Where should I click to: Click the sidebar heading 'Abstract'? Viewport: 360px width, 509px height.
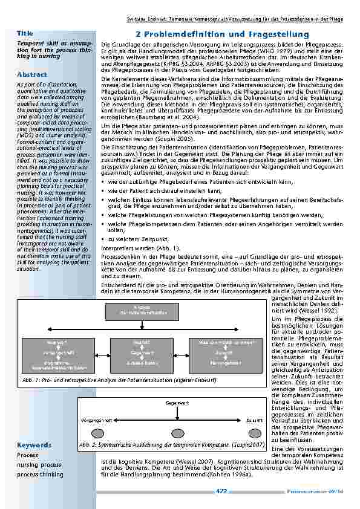coord(32,74)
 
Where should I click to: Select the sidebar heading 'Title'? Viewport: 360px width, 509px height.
coord(25,33)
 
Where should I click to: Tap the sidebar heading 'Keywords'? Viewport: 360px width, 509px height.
coord(34,445)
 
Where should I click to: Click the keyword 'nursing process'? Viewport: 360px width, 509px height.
coord(39,464)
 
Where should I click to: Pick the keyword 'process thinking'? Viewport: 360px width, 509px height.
coord(40,475)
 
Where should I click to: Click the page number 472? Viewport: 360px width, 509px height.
coord(222,491)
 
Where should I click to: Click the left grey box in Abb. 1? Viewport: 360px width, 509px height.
coord(58,354)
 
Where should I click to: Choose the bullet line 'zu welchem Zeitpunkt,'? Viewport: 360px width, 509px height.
coord(134,239)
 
